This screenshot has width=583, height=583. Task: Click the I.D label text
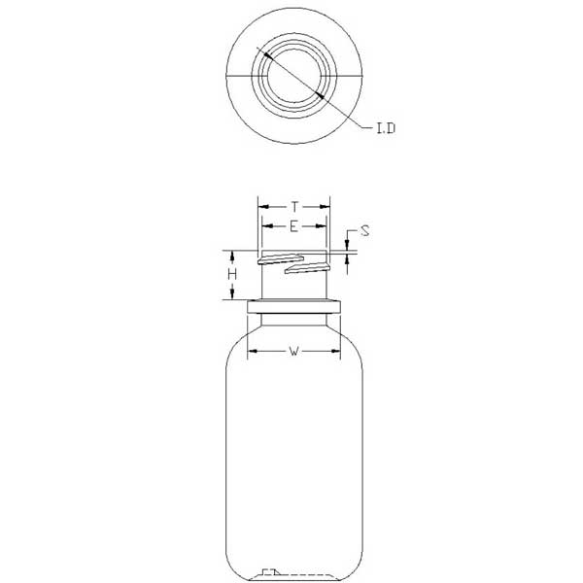tap(386, 128)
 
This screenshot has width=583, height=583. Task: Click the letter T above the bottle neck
tap(294, 206)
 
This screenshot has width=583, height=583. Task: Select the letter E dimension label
tap(293, 226)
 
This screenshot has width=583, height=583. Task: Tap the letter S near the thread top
tap(365, 231)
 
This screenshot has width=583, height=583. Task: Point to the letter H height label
tap(232, 275)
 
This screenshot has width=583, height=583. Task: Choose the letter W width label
tap(294, 351)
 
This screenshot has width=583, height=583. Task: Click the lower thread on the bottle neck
tap(307, 268)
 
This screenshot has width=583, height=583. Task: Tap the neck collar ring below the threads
tap(294, 306)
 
